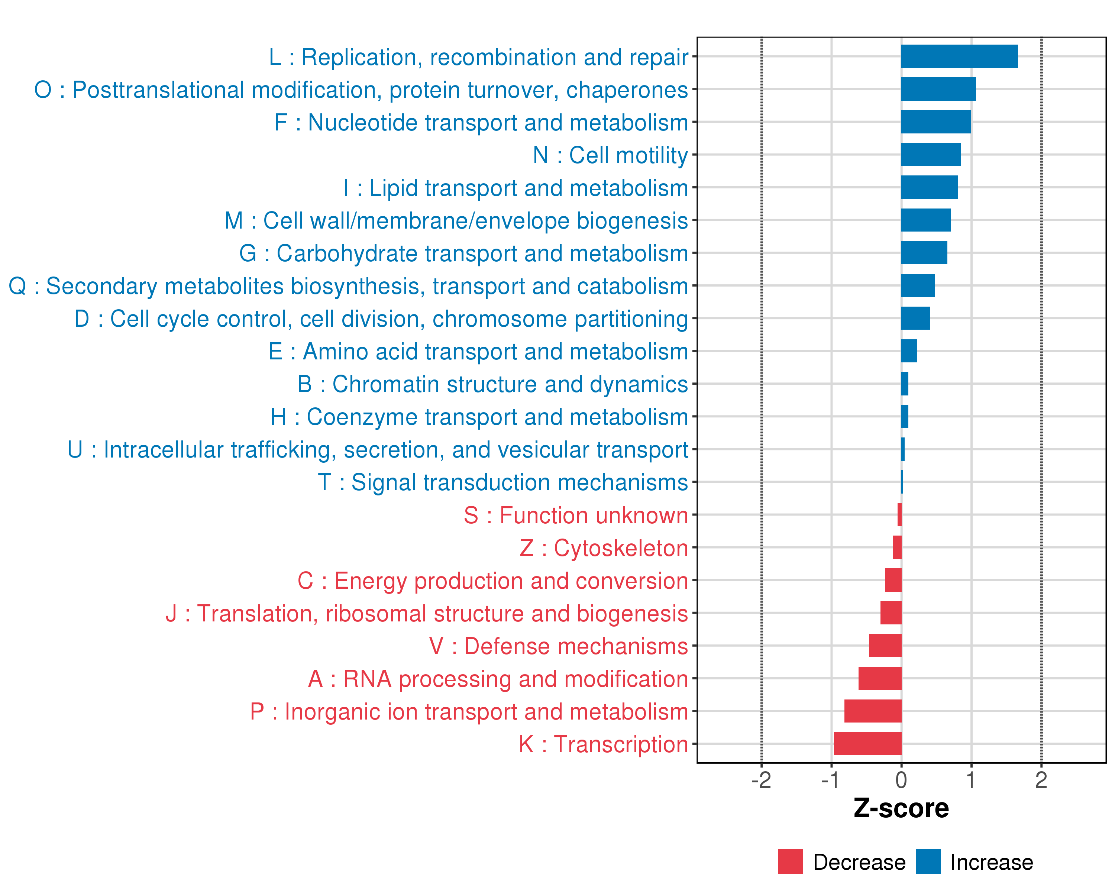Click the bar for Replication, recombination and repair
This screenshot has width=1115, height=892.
959,56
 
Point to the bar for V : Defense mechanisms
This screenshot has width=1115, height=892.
885,645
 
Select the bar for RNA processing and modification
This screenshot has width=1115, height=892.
880,678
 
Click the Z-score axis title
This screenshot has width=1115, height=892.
901,808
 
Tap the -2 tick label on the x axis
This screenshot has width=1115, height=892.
761,780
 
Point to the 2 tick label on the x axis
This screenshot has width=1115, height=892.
1041,780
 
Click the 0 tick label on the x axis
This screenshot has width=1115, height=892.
901,780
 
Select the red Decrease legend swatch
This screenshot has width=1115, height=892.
790,862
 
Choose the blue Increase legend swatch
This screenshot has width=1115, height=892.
928,862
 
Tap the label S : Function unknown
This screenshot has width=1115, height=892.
576,516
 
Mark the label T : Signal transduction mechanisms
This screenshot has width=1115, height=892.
503,482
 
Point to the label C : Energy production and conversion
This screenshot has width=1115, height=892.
492,581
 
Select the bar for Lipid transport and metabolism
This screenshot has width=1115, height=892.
929,187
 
